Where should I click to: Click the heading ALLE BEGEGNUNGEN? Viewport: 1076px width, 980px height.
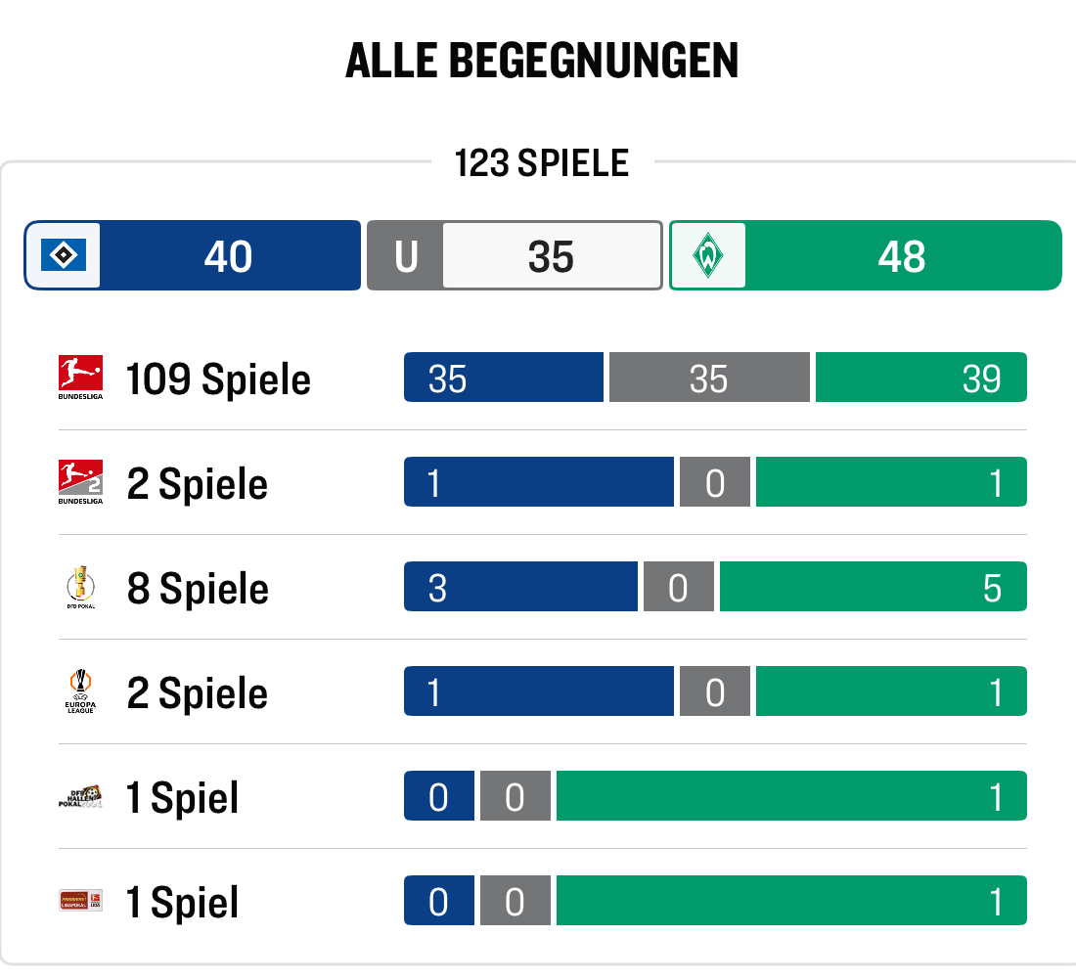[x=542, y=62]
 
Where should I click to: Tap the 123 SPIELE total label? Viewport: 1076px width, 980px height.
[x=541, y=162]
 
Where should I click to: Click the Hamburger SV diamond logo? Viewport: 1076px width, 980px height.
[x=64, y=256]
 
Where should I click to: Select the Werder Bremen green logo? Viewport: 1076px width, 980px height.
[x=708, y=256]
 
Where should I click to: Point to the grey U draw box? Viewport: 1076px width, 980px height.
[x=405, y=256]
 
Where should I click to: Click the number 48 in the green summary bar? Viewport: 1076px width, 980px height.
[x=901, y=256]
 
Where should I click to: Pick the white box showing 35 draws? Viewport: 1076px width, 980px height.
[x=552, y=256]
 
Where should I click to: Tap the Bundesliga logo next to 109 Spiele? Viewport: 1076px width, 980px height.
[x=80, y=378]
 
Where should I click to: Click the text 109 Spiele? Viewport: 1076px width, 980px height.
[x=218, y=379]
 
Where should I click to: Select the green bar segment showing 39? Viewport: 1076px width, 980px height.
[x=920, y=378]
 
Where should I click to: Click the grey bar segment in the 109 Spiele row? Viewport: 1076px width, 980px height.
[x=709, y=378]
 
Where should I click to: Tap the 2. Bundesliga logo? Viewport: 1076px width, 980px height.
[x=80, y=482]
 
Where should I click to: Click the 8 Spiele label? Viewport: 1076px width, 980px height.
[x=198, y=588]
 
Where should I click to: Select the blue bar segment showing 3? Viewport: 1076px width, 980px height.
[x=520, y=587]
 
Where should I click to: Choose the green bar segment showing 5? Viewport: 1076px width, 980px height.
[x=873, y=587]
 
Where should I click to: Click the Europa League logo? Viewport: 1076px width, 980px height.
[x=80, y=691]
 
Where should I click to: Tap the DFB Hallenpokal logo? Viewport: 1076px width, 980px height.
[x=80, y=796]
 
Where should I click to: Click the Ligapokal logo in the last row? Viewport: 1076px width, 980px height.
[x=80, y=901]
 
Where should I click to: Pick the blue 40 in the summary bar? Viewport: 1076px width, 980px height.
[x=229, y=256]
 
